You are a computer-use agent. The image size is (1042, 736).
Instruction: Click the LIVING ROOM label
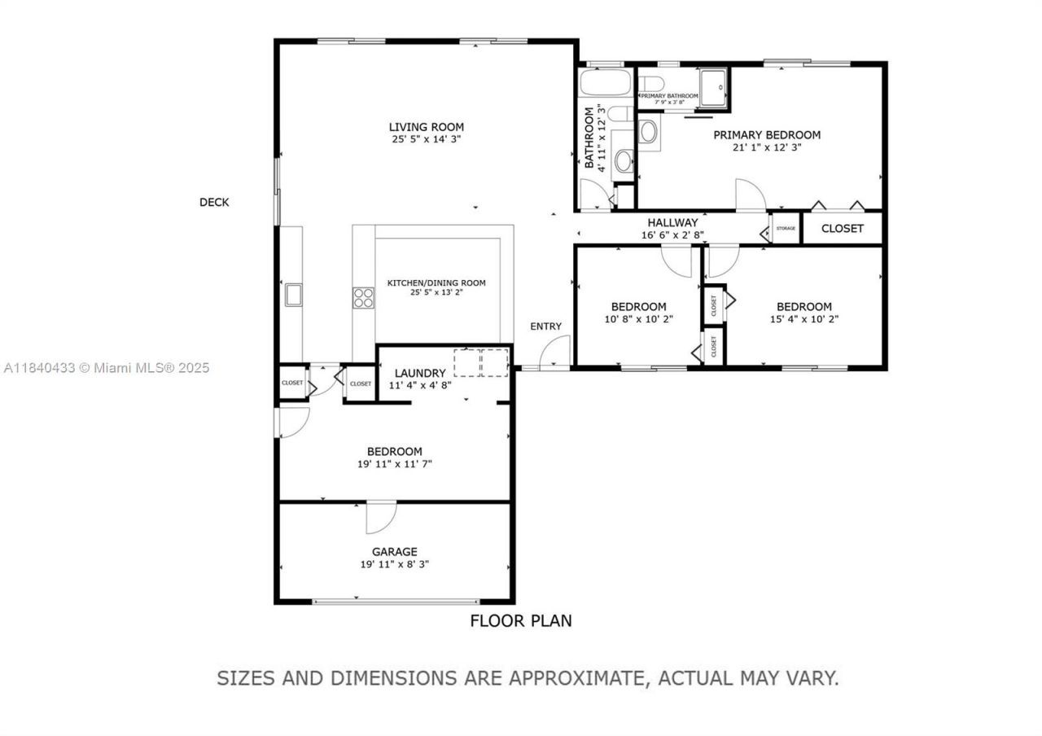tap(426, 127)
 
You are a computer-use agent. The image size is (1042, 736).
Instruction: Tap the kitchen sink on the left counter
tap(293, 295)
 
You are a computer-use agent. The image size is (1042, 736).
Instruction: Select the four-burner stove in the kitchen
tap(363, 298)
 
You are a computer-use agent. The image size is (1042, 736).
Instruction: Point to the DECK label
tap(214, 202)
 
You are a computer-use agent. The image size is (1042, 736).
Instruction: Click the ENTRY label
tap(545, 326)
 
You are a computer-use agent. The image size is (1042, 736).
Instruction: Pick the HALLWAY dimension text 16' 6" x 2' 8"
tap(672, 235)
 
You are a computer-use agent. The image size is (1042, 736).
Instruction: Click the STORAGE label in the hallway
tap(786, 229)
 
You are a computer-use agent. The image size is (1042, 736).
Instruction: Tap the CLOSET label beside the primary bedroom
tap(842, 229)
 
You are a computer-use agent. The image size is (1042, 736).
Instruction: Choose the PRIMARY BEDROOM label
tap(767, 135)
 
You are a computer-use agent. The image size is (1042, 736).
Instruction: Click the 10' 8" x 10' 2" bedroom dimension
tap(639, 319)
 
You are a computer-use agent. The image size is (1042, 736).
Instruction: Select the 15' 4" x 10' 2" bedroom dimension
tap(803, 319)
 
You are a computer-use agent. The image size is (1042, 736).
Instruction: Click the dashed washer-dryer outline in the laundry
tap(481, 361)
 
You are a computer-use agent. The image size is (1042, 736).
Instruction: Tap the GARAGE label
tap(394, 551)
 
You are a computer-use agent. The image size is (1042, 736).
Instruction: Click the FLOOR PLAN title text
tap(521, 620)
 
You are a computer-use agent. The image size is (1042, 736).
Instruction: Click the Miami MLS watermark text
tap(106, 368)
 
